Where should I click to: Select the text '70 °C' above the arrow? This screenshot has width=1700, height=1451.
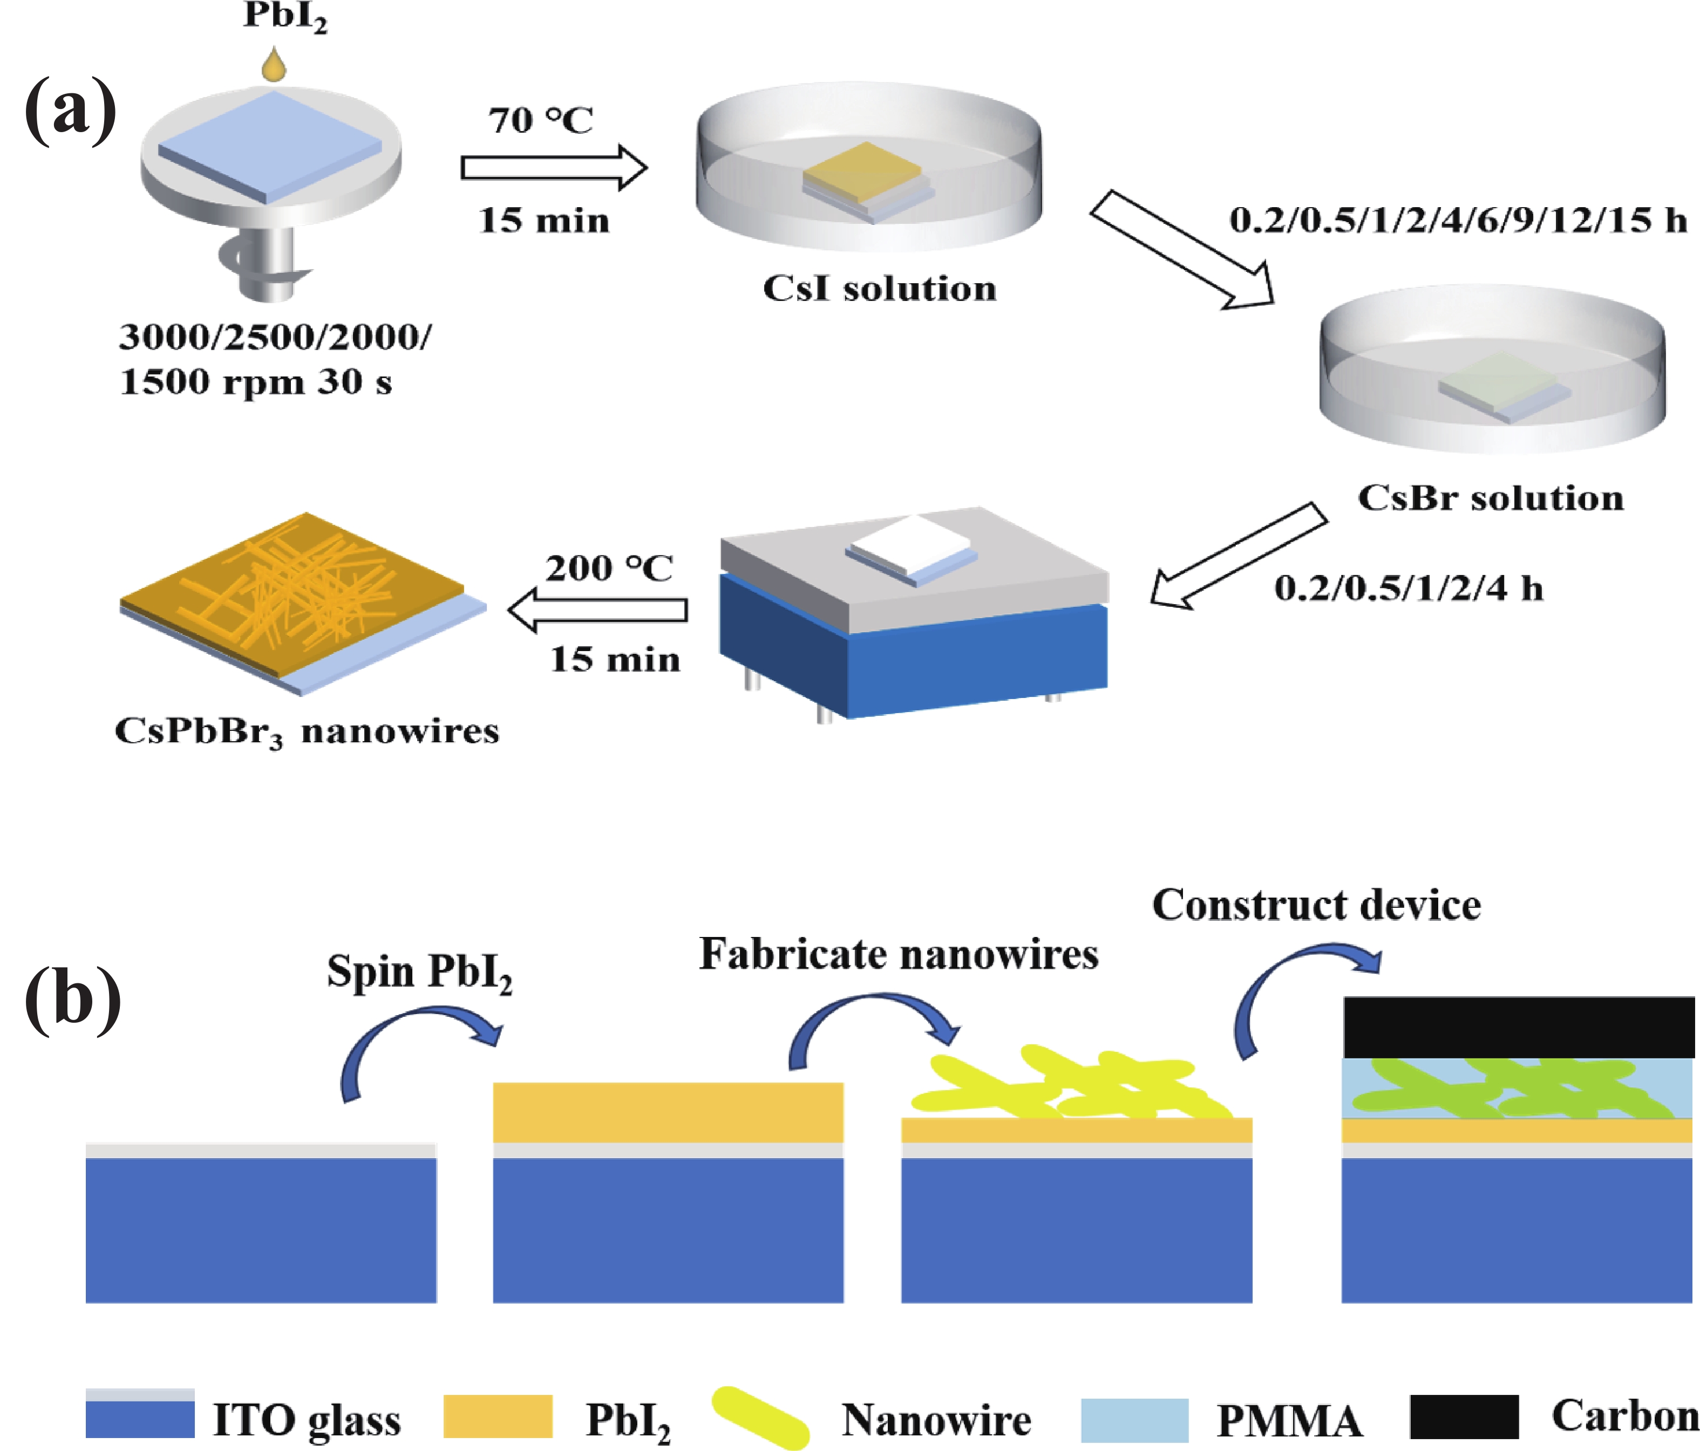point(541,121)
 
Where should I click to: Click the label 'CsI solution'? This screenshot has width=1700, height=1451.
point(880,288)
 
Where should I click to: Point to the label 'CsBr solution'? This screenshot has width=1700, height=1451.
point(1491,498)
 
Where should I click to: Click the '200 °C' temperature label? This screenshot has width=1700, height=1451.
point(610,567)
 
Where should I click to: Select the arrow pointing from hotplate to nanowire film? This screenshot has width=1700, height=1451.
point(598,610)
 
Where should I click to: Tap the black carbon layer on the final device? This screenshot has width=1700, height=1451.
point(1519,1027)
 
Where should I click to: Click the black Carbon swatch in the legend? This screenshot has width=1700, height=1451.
point(1465,1416)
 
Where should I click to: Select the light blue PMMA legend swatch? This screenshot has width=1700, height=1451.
point(1135,1420)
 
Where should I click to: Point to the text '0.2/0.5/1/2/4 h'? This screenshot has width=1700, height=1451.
point(1409,588)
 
